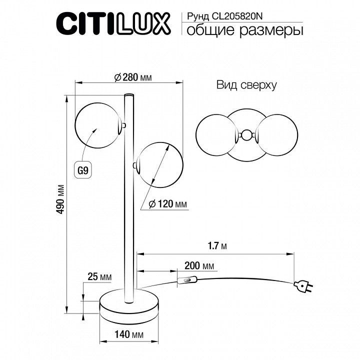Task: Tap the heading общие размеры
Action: point(244,31)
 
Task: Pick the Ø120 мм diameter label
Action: point(169,204)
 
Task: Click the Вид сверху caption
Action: point(246,85)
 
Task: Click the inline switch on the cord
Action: point(186,281)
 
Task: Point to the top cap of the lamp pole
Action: point(129,94)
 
